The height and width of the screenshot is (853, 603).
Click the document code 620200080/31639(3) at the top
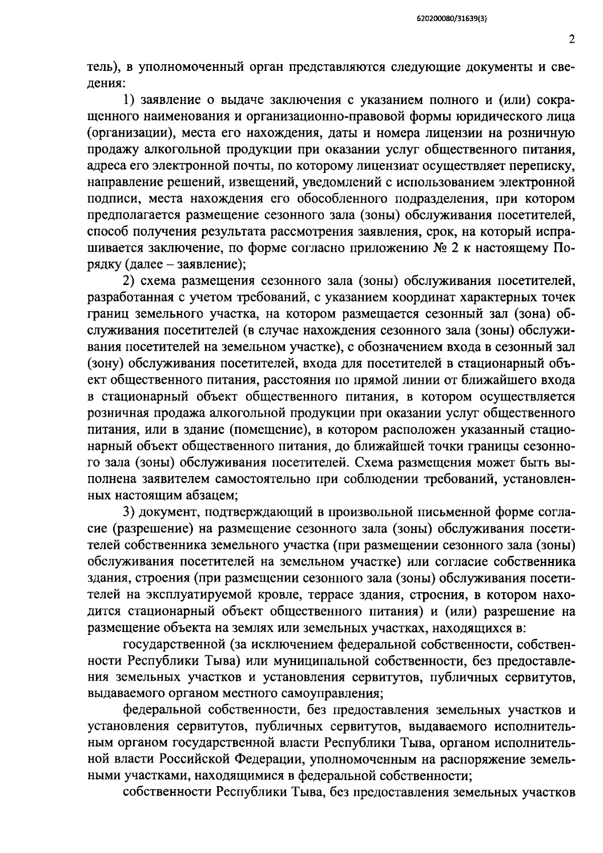tap(452, 20)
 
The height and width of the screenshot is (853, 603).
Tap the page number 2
tap(571, 40)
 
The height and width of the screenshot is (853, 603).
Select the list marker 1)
tap(130, 100)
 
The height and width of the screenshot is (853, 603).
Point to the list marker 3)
tap(130, 513)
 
